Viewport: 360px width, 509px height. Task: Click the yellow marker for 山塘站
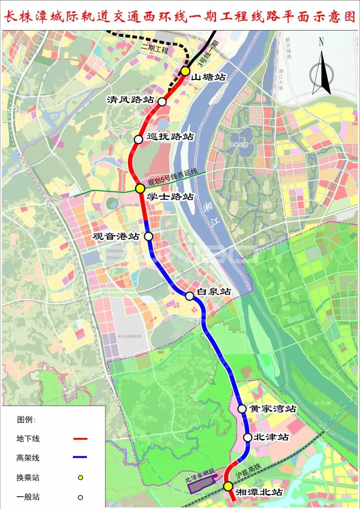pyautogui.click(x=185, y=71)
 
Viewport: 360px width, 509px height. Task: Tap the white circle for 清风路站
pyautogui.click(x=162, y=102)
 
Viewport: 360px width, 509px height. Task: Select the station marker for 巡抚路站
pyautogui.click(x=138, y=139)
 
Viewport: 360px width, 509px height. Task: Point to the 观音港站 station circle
pyautogui.click(x=149, y=236)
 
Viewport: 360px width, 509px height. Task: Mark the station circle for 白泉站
pyautogui.click(x=189, y=296)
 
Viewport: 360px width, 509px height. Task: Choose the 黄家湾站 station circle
pyautogui.click(x=242, y=409)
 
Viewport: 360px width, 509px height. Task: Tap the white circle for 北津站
pyautogui.click(x=248, y=437)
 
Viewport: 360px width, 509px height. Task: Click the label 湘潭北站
pyautogui.click(x=259, y=492)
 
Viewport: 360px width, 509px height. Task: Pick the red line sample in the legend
pyautogui.click(x=80, y=439)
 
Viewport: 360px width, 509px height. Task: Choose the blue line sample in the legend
pyautogui.click(x=80, y=457)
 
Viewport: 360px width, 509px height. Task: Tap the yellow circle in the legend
pyautogui.click(x=80, y=478)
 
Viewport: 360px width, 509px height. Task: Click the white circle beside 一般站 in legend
pyautogui.click(x=80, y=497)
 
